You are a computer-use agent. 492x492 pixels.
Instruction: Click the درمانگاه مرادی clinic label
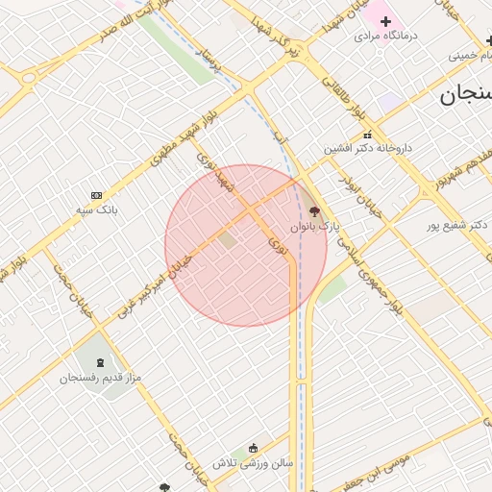tap(387, 36)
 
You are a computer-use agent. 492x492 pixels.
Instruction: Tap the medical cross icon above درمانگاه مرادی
tap(385, 20)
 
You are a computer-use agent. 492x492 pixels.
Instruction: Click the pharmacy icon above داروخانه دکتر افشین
tap(367, 135)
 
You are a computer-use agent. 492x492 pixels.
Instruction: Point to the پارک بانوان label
tap(316, 227)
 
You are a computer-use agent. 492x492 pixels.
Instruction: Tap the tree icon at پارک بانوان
tap(315, 210)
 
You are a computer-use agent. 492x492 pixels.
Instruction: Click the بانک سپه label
tap(99, 209)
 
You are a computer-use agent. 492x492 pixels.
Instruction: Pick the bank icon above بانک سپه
tap(95, 195)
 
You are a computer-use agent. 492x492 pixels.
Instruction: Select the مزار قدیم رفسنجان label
tap(101, 378)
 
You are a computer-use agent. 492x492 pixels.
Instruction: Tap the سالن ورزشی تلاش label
tap(253, 463)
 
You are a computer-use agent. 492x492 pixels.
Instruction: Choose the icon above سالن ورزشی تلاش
tap(253, 448)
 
